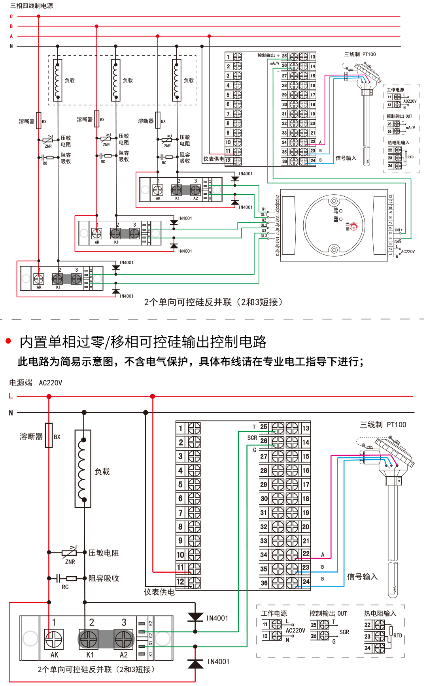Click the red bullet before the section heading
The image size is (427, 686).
point(8,341)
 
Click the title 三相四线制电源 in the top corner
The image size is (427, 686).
point(32,6)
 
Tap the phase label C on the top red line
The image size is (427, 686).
point(11,17)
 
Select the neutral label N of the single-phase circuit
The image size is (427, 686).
point(11,413)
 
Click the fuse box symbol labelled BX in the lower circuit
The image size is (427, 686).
point(49,435)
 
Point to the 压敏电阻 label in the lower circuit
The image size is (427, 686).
point(104,553)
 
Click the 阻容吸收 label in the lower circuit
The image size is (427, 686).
point(104,578)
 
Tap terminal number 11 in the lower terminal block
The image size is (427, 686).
point(180,568)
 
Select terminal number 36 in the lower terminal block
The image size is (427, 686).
point(264,583)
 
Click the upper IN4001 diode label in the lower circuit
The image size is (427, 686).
point(217,618)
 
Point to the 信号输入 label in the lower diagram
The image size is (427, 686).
point(362,577)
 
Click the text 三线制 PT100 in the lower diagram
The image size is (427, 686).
point(383,425)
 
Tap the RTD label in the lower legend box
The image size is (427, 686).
point(397,635)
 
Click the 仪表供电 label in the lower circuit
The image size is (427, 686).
point(159,592)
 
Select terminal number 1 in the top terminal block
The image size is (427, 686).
point(228,57)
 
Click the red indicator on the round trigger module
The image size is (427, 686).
point(353,226)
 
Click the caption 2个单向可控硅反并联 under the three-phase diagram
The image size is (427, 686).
point(213,302)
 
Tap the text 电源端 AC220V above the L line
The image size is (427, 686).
point(36,383)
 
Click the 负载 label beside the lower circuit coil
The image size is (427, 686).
point(102,472)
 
